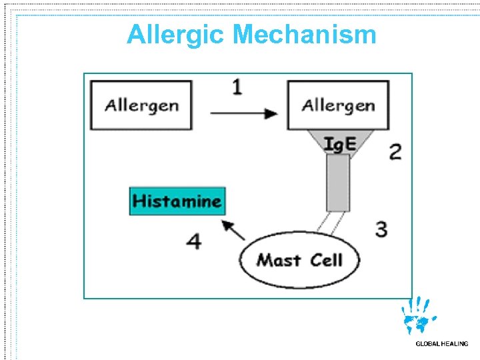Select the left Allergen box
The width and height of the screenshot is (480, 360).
[x=142, y=105]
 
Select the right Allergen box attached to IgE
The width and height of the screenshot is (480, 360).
[x=338, y=105]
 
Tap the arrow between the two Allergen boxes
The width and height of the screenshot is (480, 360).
[x=244, y=114]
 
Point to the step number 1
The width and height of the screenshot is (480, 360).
[x=237, y=87]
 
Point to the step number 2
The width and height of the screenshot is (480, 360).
[x=395, y=152]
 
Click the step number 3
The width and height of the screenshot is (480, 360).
[x=381, y=229]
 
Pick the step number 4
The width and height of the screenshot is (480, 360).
[x=193, y=240]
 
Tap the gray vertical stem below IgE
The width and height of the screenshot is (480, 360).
[x=338, y=183]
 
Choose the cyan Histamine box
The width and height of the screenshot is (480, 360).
[x=177, y=201]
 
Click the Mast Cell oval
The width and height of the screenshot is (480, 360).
[x=299, y=259]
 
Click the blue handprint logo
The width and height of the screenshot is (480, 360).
[x=418, y=316]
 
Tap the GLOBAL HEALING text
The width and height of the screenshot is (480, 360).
[x=441, y=344]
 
